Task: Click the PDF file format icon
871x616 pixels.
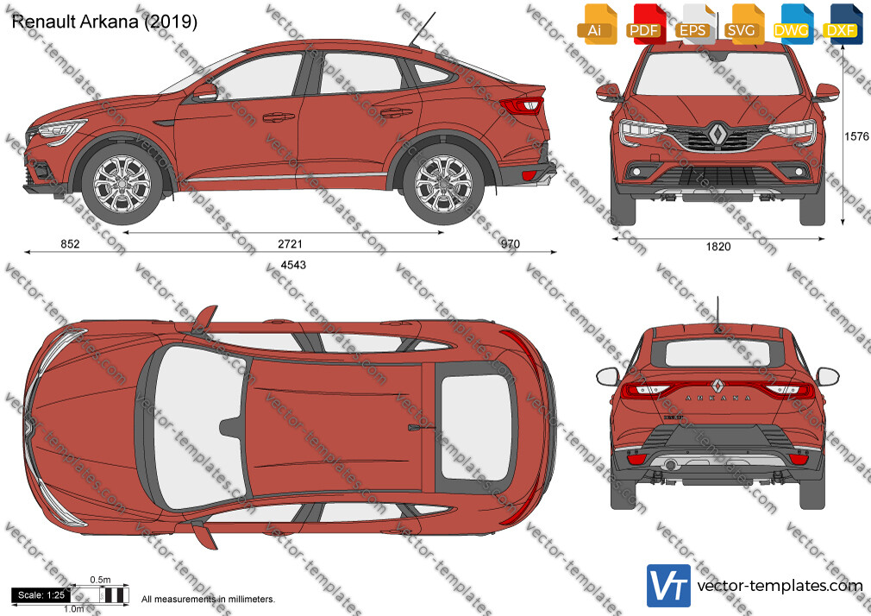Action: [645, 23]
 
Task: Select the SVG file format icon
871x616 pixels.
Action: [743, 23]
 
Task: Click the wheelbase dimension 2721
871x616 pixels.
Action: [290, 244]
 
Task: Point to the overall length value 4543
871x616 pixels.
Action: [293, 265]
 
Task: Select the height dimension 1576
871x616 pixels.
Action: [856, 137]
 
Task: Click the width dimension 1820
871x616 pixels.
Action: [718, 246]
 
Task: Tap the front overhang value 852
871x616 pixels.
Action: [70, 244]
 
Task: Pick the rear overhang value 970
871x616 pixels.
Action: [510, 244]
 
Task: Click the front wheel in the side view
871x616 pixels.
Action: [122, 184]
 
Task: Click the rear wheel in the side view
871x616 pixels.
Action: [443, 184]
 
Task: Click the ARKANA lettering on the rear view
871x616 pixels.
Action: [718, 398]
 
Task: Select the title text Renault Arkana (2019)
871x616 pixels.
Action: [104, 22]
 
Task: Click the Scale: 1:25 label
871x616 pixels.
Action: [41, 595]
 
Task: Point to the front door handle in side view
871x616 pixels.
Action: [279, 116]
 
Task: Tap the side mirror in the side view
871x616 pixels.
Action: [205, 91]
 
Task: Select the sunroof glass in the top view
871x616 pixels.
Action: [476, 427]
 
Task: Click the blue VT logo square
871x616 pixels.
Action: [669, 586]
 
